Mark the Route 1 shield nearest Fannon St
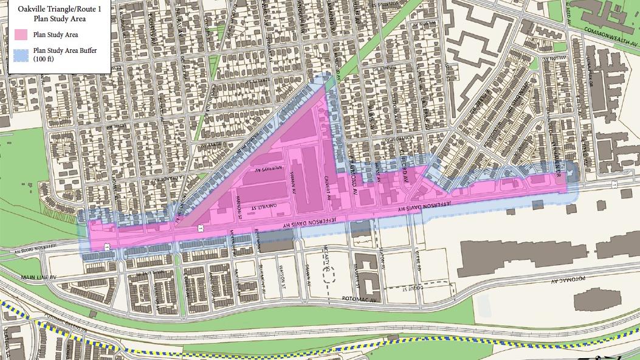pyautogui.click(x=201, y=230)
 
